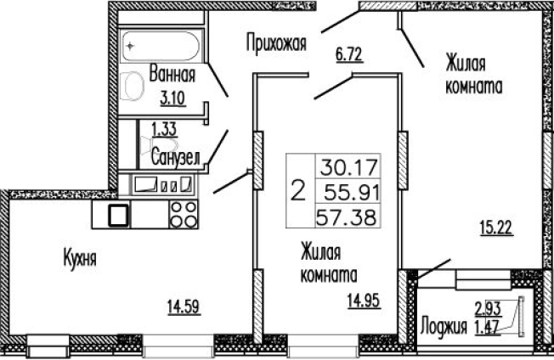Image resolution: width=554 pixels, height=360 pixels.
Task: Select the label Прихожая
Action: tap(276, 40)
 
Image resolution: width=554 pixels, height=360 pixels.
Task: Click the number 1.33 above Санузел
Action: tap(164, 129)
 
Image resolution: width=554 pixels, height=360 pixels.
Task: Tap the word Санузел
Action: tap(175, 156)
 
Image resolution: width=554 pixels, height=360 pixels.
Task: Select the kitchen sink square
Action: tap(117, 215)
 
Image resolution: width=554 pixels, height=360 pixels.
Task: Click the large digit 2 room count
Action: tap(298, 188)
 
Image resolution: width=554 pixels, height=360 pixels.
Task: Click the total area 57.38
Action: tap(349, 216)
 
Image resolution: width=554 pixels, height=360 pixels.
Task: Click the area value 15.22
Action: tap(497, 228)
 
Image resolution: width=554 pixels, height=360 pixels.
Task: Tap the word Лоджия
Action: tap(444, 325)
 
